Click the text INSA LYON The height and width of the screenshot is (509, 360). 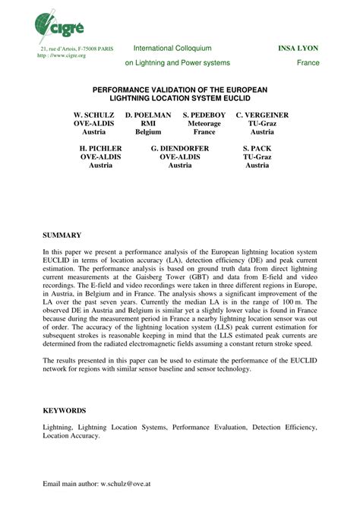click(298, 49)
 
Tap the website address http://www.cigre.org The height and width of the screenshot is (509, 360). click(62, 56)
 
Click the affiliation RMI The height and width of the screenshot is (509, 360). click(149, 122)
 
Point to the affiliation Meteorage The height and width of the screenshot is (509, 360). click(204, 122)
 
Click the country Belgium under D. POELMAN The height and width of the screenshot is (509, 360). click(148, 131)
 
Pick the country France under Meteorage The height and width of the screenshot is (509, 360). click(204, 131)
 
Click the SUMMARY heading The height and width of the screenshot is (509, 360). click(62, 237)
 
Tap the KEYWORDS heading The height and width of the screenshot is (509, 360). click(65, 410)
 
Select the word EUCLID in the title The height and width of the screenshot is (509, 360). click(236, 99)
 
